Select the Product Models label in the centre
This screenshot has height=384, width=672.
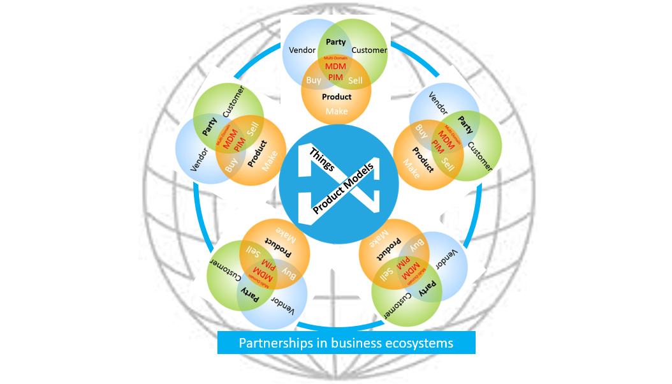coord(344,185)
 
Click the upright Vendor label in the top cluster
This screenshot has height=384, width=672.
coord(302,50)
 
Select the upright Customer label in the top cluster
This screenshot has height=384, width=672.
coord(369,50)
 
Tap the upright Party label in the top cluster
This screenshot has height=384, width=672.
coord(336,42)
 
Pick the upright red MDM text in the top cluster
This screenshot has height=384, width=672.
coord(335,66)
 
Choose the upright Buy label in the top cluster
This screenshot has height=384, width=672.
coord(314,80)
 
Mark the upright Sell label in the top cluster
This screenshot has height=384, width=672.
coord(355,80)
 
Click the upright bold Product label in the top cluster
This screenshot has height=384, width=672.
coord(337,97)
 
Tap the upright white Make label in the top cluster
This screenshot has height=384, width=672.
coord(337,111)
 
